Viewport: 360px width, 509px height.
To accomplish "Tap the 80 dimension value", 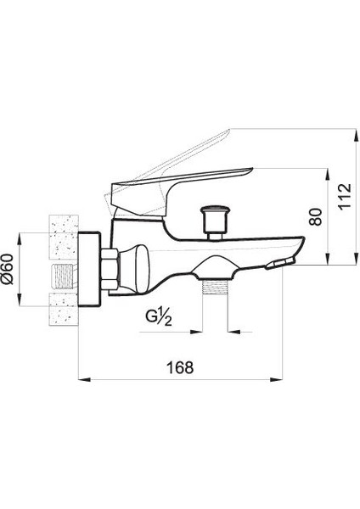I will point(316,215).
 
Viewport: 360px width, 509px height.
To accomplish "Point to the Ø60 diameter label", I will point(9,271).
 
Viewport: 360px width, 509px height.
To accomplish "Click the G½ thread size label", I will point(160,318).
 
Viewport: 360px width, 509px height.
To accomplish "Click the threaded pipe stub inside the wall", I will point(61,277).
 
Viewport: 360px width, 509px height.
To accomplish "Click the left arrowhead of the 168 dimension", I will point(82,380).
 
